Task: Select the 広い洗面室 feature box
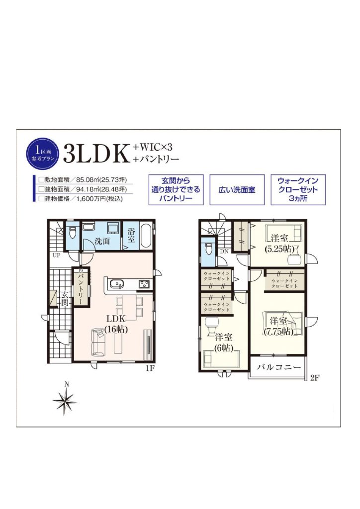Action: point(237,189)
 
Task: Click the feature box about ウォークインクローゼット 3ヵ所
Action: point(298,189)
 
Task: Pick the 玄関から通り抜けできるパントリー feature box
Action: point(176,189)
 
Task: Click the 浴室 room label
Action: point(131,235)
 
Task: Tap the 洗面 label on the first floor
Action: point(102,241)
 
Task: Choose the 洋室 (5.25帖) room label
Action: point(279,244)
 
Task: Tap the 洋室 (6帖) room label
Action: point(224,342)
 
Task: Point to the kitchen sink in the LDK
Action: point(117,284)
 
